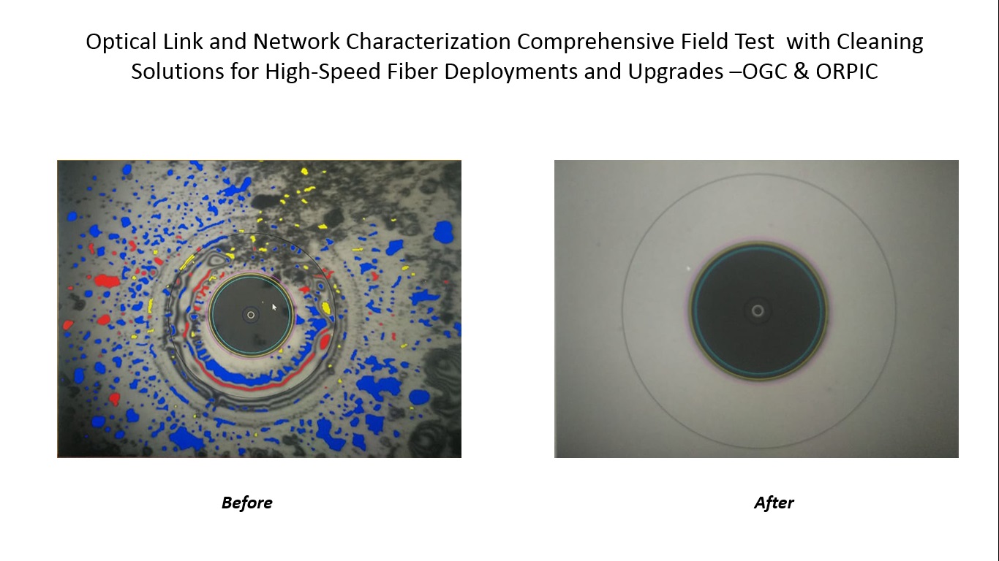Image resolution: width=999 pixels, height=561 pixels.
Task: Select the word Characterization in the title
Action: (428, 42)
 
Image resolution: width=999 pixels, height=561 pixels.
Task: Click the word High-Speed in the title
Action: (323, 72)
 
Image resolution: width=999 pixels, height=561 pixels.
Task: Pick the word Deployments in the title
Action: (510, 72)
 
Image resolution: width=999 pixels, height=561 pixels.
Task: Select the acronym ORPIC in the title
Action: (847, 72)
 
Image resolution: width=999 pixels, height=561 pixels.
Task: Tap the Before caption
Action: (246, 503)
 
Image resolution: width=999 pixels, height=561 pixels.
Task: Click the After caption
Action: (774, 503)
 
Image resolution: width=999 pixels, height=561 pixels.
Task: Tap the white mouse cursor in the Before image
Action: (274, 307)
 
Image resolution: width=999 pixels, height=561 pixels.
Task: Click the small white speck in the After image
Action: (688, 268)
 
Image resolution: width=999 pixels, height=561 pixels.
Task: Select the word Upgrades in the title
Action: (676, 72)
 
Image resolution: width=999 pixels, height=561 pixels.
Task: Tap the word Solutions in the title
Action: (178, 72)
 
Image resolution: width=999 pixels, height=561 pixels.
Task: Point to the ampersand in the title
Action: (801, 72)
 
